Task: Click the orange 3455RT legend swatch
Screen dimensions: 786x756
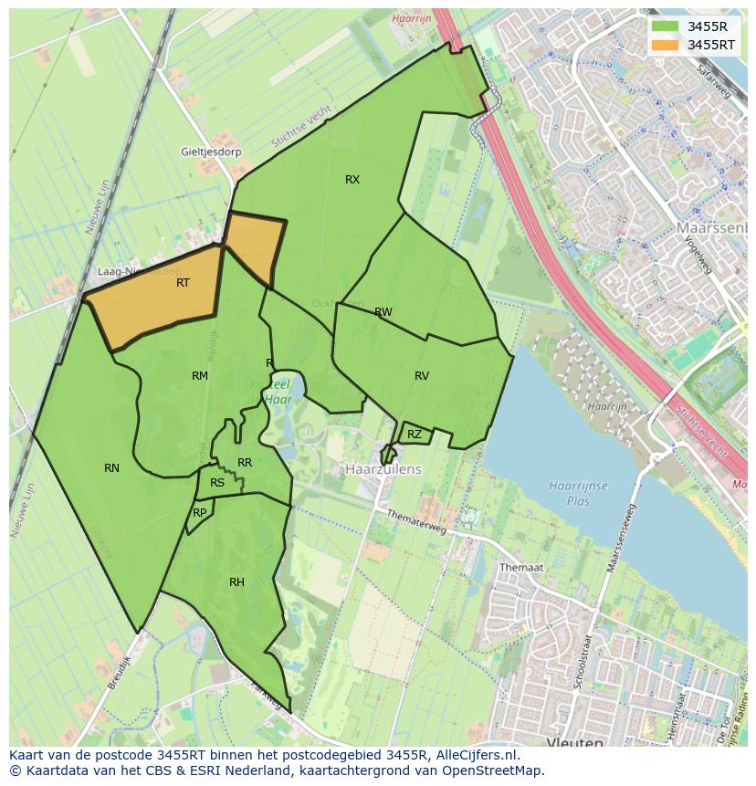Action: tap(667, 45)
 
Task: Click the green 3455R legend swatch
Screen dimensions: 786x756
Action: tap(667, 26)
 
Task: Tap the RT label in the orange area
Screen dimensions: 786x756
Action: tap(183, 283)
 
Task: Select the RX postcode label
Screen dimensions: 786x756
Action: tap(352, 180)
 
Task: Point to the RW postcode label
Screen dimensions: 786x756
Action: tap(383, 312)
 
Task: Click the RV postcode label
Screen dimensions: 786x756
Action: tap(422, 376)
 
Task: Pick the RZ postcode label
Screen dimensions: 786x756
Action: tap(415, 435)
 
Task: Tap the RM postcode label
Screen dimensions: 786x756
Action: tap(200, 376)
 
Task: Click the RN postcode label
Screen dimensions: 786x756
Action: tap(111, 468)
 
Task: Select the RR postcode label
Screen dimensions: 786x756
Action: tap(245, 464)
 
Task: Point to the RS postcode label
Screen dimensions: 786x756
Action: tap(217, 484)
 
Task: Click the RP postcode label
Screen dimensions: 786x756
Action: tap(199, 513)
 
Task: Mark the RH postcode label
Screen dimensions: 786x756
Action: tap(236, 582)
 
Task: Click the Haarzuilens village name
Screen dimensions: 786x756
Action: tap(383, 469)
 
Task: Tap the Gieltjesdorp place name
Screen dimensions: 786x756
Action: tap(211, 152)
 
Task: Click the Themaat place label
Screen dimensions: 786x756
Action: tap(521, 567)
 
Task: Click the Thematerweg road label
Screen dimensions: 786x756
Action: tap(416, 529)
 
